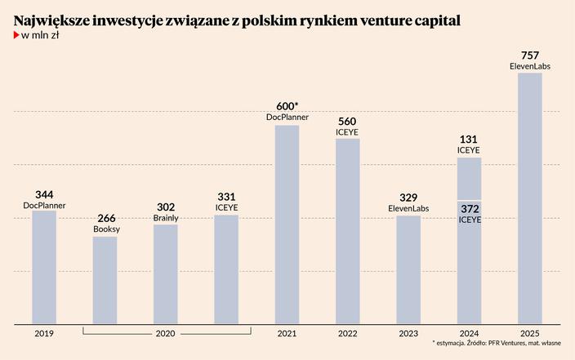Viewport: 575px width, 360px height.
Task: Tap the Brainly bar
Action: tap(165, 273)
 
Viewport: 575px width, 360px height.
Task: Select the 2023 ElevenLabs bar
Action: tap(408, 269)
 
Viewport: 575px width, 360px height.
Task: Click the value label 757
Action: tap(529, 56)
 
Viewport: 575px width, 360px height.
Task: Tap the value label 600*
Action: tap(287, 107)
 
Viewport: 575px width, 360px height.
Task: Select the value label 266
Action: tap(106, 219)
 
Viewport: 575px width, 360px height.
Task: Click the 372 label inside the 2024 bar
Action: tap(469, 210)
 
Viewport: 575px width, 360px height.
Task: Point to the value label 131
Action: tap(469, 140)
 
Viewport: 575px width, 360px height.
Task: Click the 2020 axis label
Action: tap(166, 333)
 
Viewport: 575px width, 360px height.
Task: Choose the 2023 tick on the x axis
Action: tap(408, 333)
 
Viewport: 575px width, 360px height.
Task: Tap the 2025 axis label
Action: tap(529, 333)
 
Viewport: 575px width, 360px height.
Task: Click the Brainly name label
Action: tap(166, 218)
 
